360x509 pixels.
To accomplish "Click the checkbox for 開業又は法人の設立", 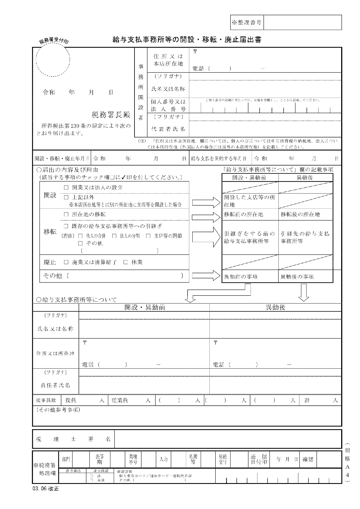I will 66,188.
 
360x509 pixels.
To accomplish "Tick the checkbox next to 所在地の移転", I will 66,215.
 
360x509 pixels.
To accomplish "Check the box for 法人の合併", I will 80,236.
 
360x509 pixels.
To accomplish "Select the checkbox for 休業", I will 126,262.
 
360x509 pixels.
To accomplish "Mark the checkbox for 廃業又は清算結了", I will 66,262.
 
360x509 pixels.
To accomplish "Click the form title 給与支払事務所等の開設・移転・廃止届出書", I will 187,40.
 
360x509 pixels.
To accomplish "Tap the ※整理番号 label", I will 247,23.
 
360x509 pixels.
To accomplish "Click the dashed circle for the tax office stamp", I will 53,60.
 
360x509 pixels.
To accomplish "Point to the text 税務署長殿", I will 111,115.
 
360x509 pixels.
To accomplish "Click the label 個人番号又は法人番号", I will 168,106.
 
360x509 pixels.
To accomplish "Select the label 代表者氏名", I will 168,129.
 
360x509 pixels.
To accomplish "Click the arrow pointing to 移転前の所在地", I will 206,217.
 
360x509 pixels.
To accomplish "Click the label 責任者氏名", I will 56,385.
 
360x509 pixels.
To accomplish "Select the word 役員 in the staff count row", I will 71,400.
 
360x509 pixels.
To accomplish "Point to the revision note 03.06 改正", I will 46,489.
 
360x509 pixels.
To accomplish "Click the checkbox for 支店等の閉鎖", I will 148,236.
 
